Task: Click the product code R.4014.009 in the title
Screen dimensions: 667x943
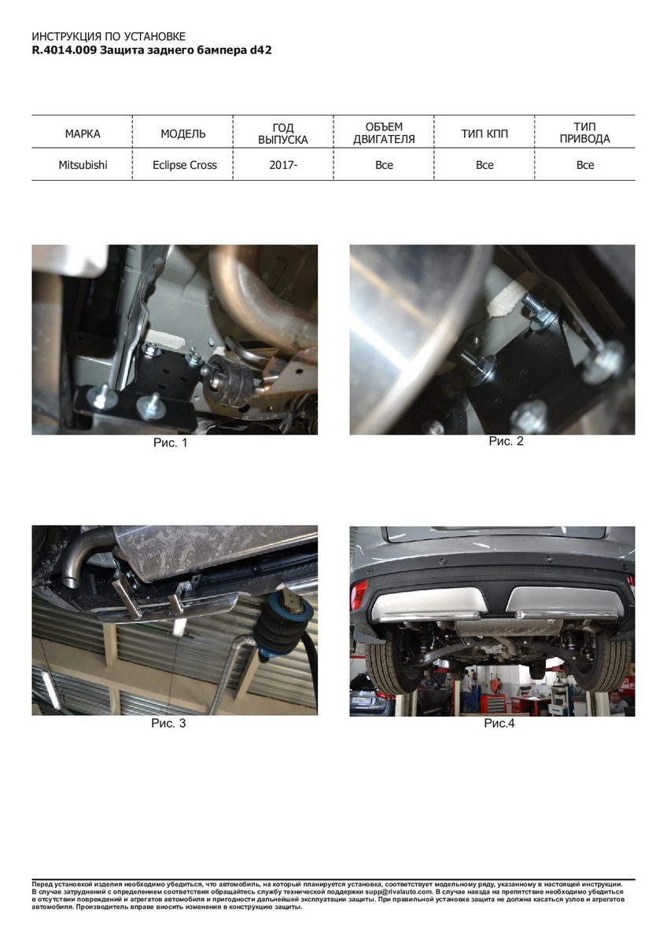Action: tap(64, 50)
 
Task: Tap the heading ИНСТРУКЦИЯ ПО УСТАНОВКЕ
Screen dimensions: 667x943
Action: tap(109, 37)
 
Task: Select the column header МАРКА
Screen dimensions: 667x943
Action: tap(83, 134)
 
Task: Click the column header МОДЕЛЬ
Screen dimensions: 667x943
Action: tap(183, 134)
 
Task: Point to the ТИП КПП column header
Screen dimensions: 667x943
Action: tap(485, 134)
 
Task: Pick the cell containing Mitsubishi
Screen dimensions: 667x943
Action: tap(83, 165)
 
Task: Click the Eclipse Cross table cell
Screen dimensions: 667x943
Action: tap(185, 165)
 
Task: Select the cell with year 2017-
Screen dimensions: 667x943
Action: tap(283, 165)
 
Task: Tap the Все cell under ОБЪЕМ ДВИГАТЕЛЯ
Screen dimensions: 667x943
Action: tap(384, 165)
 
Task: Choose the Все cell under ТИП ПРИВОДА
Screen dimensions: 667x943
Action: tap(585, 165)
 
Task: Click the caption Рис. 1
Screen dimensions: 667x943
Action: tap(170, 443)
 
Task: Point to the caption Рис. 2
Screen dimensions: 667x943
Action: tap(506, 441)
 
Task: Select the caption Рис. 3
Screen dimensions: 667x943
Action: tap(168, 723)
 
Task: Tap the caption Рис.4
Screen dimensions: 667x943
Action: tap(499, 723)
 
